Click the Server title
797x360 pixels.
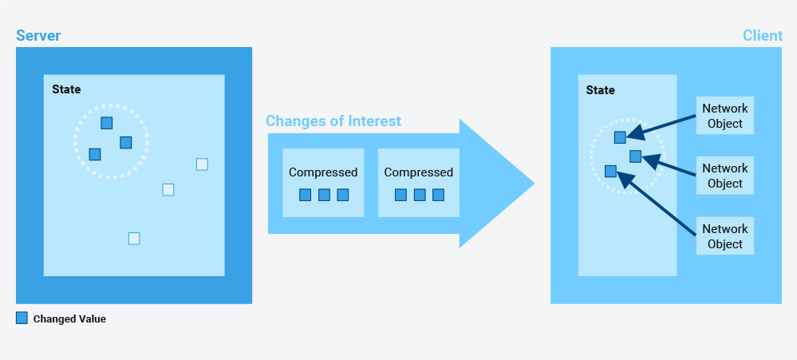(x=38, y=36)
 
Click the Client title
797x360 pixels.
(x=763, y=36)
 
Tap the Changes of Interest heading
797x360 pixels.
(x=333, y=121)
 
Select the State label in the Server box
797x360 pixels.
(x=66, y=89)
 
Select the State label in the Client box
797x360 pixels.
(x=600, y=90)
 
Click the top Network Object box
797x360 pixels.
(x=725, y=116)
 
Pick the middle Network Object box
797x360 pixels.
(x=725, y=176)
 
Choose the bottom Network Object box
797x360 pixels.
(x=725, y=236)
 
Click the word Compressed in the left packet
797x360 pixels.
(x=323, y=172)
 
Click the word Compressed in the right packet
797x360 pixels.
(x=418, y=172)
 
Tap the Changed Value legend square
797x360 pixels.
(x=22, y=318)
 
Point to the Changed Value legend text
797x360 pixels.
(x=69, y=319)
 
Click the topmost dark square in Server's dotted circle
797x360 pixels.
(x=107, y=123)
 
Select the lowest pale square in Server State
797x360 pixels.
(x=134, y=239)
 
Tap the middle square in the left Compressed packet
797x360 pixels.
(x=324, y=195)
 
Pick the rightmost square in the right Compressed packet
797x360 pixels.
(x=438, y=195)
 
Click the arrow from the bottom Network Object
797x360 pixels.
(x=656, y=204)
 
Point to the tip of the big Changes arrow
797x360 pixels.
(x=535, y=184)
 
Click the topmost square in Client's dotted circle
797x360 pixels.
(x=620, y=137)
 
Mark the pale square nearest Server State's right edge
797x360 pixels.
(x=202, y=164)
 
